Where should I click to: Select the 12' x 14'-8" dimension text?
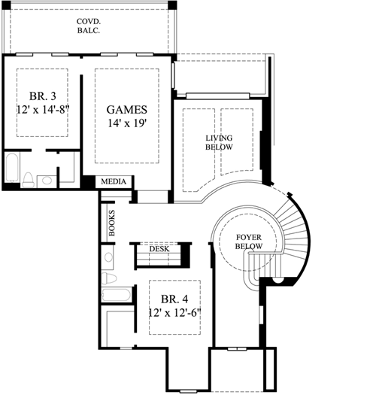click(41, 111)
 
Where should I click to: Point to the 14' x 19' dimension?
click(126, 123)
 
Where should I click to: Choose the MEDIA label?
click(113, 181)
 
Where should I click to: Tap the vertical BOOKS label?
click(112, 223)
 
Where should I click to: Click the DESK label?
click(159, 248)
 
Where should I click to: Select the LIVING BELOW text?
click(219, 142)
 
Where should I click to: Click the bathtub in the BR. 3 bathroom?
click(11, 169)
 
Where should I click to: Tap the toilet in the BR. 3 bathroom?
click(27, 179)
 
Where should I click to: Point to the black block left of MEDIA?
click(89, 181)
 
